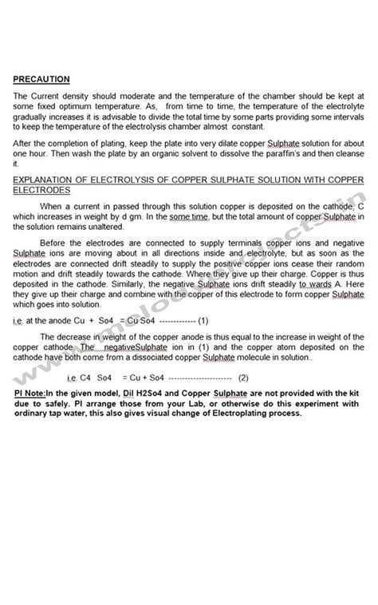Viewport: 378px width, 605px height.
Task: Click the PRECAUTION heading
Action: point(41,78)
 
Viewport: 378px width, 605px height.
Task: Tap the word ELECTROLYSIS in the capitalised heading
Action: point(119,180)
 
